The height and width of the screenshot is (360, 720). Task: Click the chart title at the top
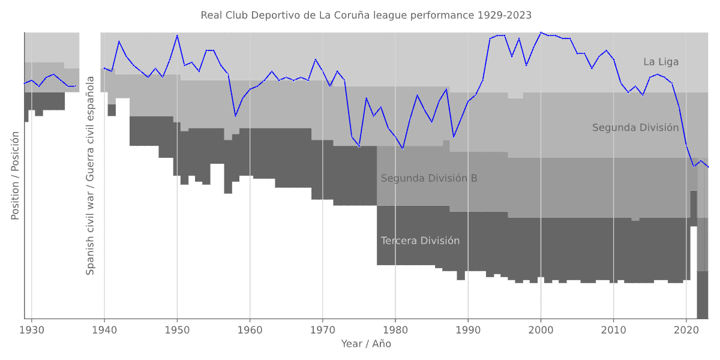366,15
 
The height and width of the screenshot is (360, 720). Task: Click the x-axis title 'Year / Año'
366,344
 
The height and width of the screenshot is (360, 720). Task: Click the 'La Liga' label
661,62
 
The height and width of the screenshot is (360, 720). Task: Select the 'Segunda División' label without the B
635,128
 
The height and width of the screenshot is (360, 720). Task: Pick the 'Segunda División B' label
429,178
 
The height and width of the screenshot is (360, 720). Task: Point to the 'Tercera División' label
420,241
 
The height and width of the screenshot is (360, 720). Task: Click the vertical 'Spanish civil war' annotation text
91,175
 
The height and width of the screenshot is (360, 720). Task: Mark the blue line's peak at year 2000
541,32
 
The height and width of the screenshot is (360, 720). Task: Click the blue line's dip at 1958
235,116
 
